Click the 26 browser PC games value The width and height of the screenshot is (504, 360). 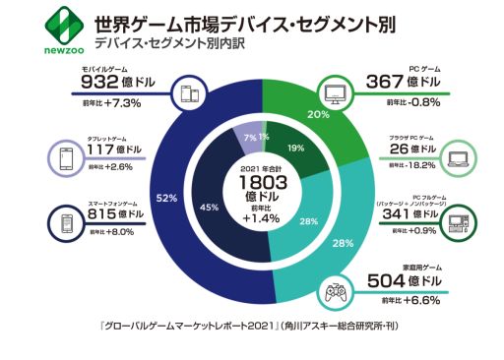pos(403,149)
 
